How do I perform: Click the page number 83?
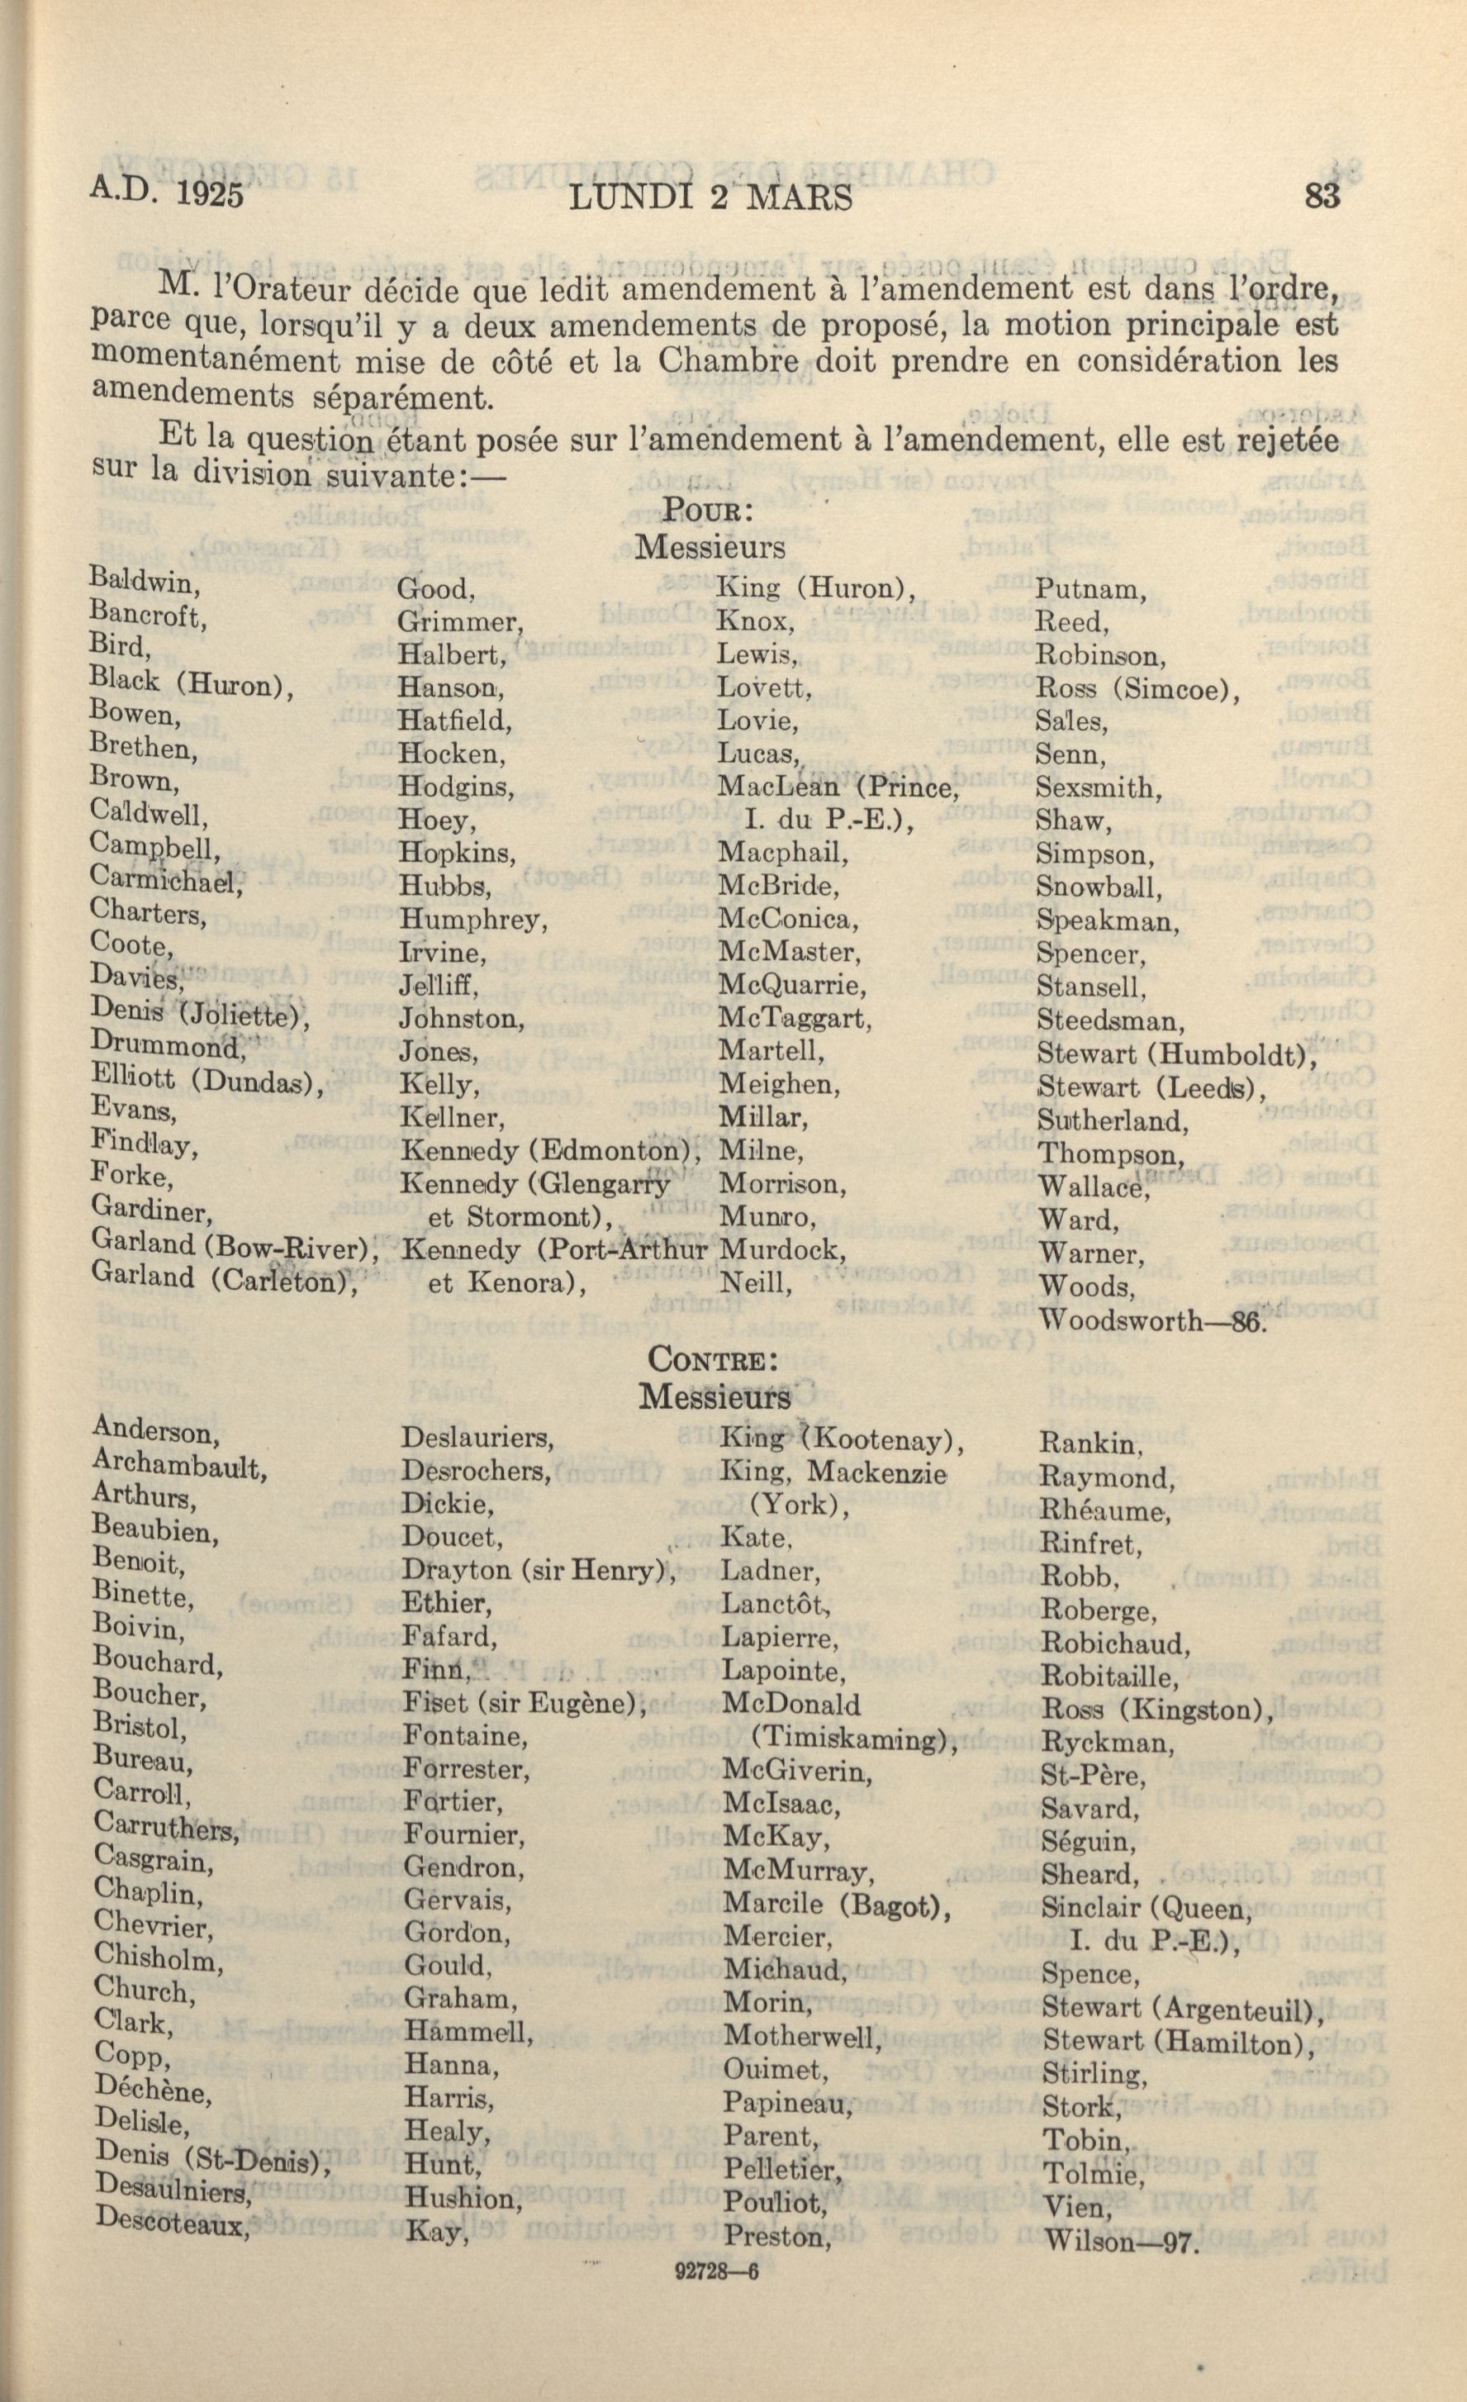[x=1322, y=196]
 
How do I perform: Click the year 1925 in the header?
[x=210, y=194]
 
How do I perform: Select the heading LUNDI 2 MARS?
[x=710, y=197]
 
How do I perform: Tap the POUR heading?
[x=705, y=510]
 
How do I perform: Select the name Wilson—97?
[x=1119, y=2240]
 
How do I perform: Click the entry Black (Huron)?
[x=191, y=683]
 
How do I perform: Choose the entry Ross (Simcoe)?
[x=1137, y=689]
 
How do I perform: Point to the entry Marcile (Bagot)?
[x=836, y=1903]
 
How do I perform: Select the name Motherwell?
[x=802, y=2037]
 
